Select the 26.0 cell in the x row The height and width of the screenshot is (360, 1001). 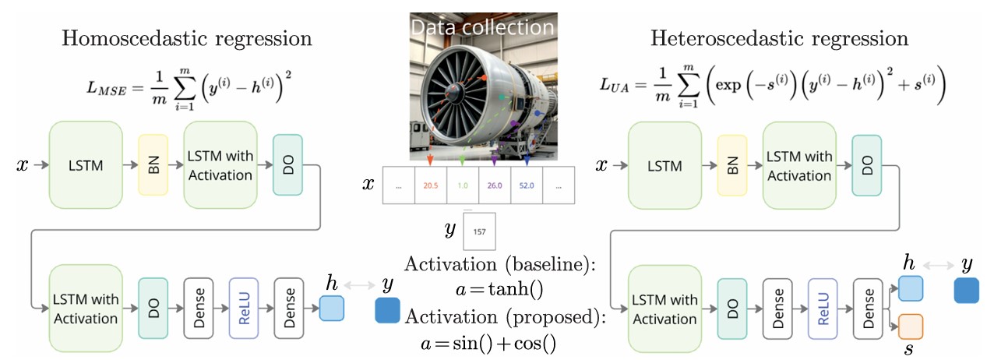(x=494, y=186)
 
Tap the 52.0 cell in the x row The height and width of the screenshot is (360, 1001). (x=526, y=186)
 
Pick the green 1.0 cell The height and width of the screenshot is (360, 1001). (x=462, y=186)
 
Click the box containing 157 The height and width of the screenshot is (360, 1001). (x=479, y=231)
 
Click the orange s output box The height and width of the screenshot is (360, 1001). (x=911, y=326)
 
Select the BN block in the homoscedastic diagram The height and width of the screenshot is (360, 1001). (x=153, y=164)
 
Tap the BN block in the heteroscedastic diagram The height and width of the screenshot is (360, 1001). (x=732, y=164)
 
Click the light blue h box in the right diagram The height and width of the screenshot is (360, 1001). (x=911, y=289)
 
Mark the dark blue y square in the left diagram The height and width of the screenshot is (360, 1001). (x=387, y=309)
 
